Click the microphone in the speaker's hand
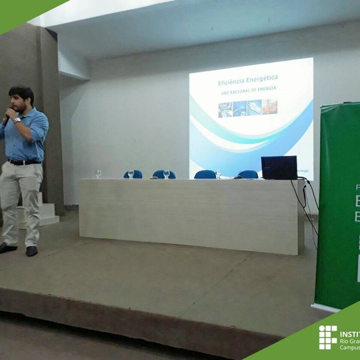(7, 119)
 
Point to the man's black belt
(24, 162)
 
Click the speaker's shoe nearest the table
(31, 251)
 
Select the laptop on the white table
(279, 168)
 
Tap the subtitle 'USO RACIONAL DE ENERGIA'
(249, 88)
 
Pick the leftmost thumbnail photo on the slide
(225, 109)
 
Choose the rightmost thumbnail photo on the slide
(270, 107)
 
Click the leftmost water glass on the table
(99, 173)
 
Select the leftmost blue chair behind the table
(133, 174)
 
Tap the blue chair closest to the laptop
(248, 174)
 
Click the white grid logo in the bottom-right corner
(327, 337)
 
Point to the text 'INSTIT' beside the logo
(349, 333)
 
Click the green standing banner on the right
(338, 207)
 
